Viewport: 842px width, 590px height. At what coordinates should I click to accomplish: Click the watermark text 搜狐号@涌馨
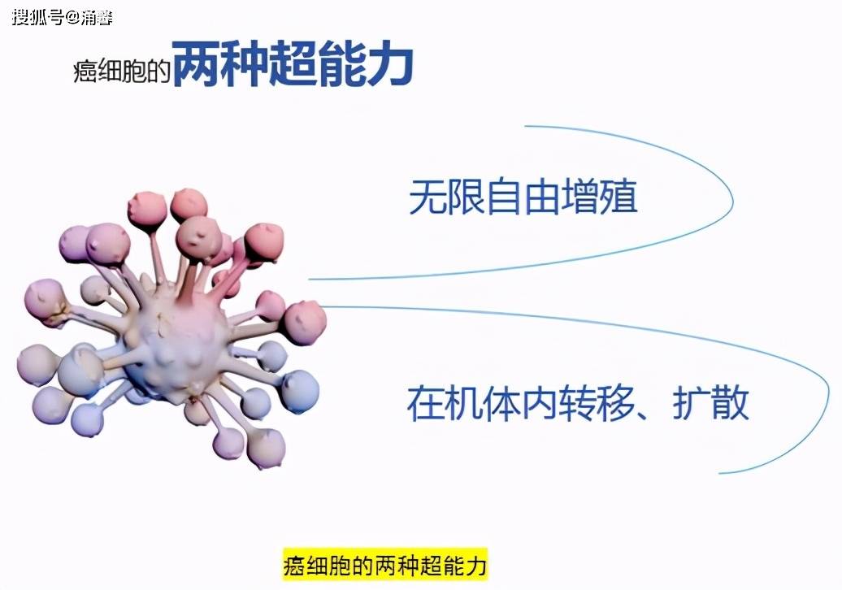(x=63, y=17)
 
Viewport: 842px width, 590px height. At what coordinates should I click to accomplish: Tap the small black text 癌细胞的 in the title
(x=122, y=71)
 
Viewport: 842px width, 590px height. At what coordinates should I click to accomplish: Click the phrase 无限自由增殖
(x=523, y=197)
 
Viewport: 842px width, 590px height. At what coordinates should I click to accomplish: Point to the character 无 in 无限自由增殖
(x=428, y=197)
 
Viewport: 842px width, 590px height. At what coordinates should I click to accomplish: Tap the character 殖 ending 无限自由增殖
(x=619, y=197)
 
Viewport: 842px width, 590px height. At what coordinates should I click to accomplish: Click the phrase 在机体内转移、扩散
(x=578, y=402)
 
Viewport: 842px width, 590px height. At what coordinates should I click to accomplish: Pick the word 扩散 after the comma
(x=711, y=402)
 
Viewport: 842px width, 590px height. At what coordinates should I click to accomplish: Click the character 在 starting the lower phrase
(x=425, y=402)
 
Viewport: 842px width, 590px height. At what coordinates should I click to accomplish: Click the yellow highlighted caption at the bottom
(x=385, y=564)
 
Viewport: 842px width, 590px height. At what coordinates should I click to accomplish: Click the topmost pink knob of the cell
(x=189, y=204)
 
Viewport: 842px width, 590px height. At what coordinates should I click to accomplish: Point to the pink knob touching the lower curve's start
(x=305, y=322)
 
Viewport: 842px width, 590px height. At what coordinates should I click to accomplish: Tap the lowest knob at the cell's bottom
(x=266, y=448)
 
